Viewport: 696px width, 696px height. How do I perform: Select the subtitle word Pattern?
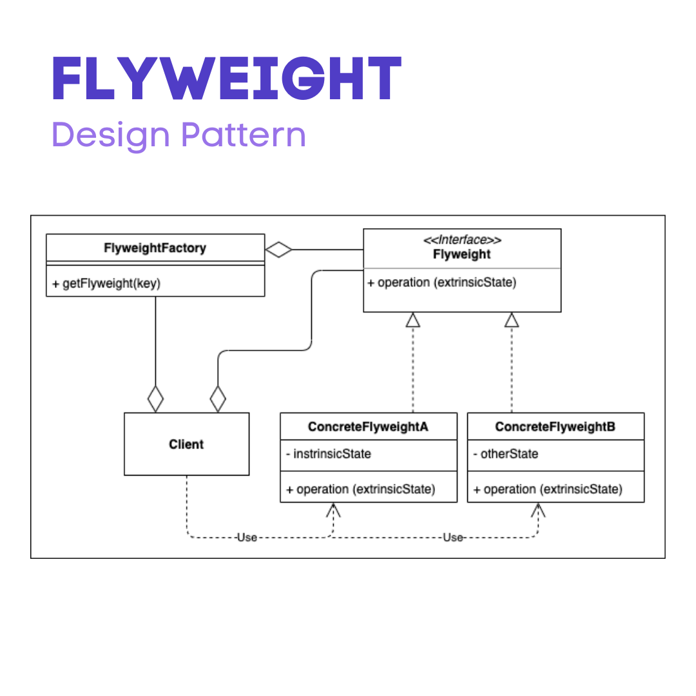(243, 135)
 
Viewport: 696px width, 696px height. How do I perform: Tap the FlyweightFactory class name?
(155, 248)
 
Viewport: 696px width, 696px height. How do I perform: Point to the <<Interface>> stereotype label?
(461, 240)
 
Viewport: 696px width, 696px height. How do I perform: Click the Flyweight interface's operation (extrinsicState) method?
(442, 282)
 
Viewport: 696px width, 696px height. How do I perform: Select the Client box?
(186, 444)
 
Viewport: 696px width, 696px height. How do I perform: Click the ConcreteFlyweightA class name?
(368, 427)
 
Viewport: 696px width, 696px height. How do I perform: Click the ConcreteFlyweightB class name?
(555, 427)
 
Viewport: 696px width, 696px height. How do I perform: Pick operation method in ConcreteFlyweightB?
(548, 489)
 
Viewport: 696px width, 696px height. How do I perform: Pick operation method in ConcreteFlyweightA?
(361, 489)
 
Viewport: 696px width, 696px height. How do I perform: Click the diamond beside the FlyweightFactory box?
(279, 249)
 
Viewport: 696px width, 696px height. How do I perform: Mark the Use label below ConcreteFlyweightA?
(247, 537)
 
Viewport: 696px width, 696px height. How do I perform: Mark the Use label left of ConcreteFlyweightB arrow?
(452, 537)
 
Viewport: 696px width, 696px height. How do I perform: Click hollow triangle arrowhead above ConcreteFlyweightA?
(412, 320)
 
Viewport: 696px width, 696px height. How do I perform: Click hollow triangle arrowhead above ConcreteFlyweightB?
(512, 320)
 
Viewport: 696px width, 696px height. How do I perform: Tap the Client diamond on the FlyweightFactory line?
(155, 400)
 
